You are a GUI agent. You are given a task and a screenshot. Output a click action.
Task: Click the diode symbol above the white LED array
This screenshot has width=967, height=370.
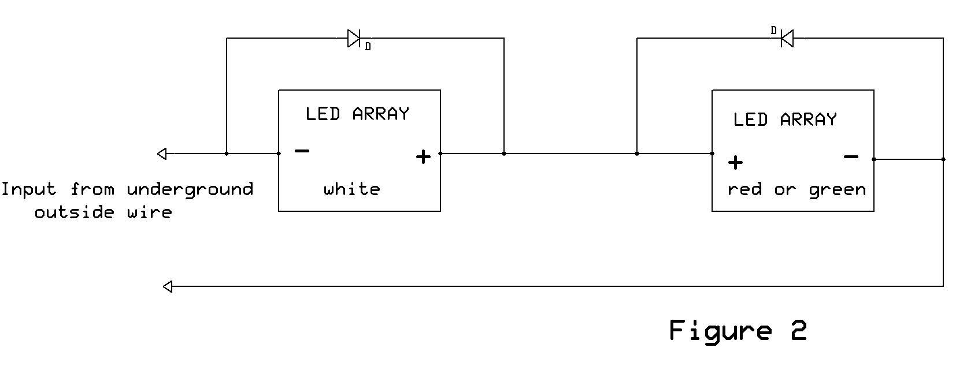(354, 39)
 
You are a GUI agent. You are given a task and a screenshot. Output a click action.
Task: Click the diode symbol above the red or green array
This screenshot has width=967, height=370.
(787, 39)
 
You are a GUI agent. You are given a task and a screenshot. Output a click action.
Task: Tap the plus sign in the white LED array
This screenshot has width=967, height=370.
(423, 157)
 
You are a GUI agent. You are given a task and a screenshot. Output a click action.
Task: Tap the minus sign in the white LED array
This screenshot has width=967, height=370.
(302, 152)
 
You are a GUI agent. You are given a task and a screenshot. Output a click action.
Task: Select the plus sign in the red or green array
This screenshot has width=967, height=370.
(735, 163)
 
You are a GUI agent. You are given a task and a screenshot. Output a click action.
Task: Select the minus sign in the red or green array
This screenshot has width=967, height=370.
(851, 156)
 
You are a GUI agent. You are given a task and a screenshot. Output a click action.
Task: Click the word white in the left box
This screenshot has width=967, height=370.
(351, 189)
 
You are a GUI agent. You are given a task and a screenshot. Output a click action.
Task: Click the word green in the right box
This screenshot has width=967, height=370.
(837, 190)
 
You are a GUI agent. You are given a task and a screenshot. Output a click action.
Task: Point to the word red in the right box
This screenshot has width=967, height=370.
(744, 190)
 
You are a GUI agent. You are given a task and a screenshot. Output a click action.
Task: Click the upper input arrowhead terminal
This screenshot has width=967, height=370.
(162, 154)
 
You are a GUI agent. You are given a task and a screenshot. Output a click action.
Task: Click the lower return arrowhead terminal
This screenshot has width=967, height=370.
(168, 286)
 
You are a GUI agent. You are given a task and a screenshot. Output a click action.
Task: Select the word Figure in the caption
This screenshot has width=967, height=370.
(720, 331)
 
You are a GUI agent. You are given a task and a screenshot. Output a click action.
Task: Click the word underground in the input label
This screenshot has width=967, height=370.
(190, 190)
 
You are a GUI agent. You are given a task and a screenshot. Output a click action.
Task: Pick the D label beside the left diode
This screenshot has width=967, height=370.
(368, 47)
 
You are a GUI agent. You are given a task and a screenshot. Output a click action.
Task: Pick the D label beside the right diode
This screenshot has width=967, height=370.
(774, 31)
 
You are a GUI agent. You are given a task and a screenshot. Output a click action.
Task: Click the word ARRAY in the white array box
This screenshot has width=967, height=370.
(380, 114)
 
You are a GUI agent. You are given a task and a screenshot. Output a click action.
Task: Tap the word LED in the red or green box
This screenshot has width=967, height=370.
(750, 120)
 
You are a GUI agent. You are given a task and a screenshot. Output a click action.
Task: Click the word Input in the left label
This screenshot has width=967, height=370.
(28, 190)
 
